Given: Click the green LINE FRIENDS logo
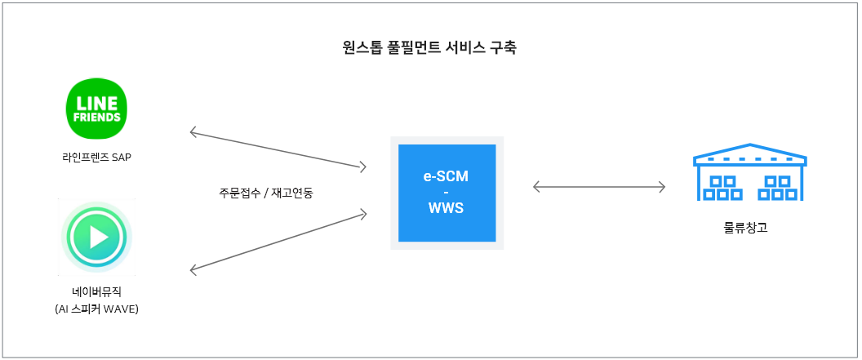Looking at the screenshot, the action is click(97, 108).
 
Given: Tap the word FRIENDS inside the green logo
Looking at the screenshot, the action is click(97, 118).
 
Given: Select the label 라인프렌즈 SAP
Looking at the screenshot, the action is click(97, 158).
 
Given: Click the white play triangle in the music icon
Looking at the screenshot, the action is click(99, 237).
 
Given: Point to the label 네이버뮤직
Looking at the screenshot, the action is click(97, 292).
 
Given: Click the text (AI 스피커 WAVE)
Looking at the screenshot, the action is click(97, 309).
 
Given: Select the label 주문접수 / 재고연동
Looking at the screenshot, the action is click(265, 193).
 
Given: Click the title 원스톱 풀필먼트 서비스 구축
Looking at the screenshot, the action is click(429, 47).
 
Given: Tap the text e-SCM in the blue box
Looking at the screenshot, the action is click(447, 177).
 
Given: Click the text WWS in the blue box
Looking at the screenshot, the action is click(447, 209).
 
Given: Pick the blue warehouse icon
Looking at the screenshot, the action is click(750, 171).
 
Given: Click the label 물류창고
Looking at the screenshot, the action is click(745, 228).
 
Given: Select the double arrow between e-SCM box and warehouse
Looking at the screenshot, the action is click(599, 187).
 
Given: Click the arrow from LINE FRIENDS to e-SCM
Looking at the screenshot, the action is click(278, 149).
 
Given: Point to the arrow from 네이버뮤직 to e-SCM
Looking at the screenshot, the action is click(278, 242).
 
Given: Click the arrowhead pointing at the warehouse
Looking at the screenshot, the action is click(663, 187).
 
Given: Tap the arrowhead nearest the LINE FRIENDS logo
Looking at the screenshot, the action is click(193, 131).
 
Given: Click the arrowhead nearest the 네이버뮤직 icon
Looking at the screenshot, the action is click(193, 269).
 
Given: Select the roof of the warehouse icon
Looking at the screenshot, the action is click(750, 154).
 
